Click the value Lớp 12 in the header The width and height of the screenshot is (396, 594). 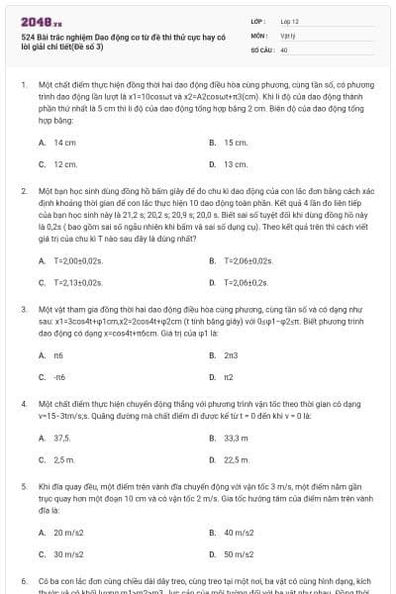click(x=289, y=20)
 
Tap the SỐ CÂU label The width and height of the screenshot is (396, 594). click(x=261, y=49)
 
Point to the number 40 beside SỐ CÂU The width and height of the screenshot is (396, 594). click(x=284, y=49)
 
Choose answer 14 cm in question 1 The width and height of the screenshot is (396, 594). click(x=65, y=143)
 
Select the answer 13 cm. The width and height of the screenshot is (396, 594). click(x=236, y=164)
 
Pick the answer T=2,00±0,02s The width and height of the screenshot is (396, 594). click(x=79, y=260)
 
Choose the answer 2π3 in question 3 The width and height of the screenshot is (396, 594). click(x=231, y=354)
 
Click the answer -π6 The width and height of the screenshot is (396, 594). click(x=59, y=376)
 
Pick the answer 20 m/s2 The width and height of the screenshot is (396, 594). click(x=69, y=533)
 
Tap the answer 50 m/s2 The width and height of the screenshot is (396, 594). click(x=239, y=554)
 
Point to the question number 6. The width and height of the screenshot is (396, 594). click(x=24, y=580)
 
